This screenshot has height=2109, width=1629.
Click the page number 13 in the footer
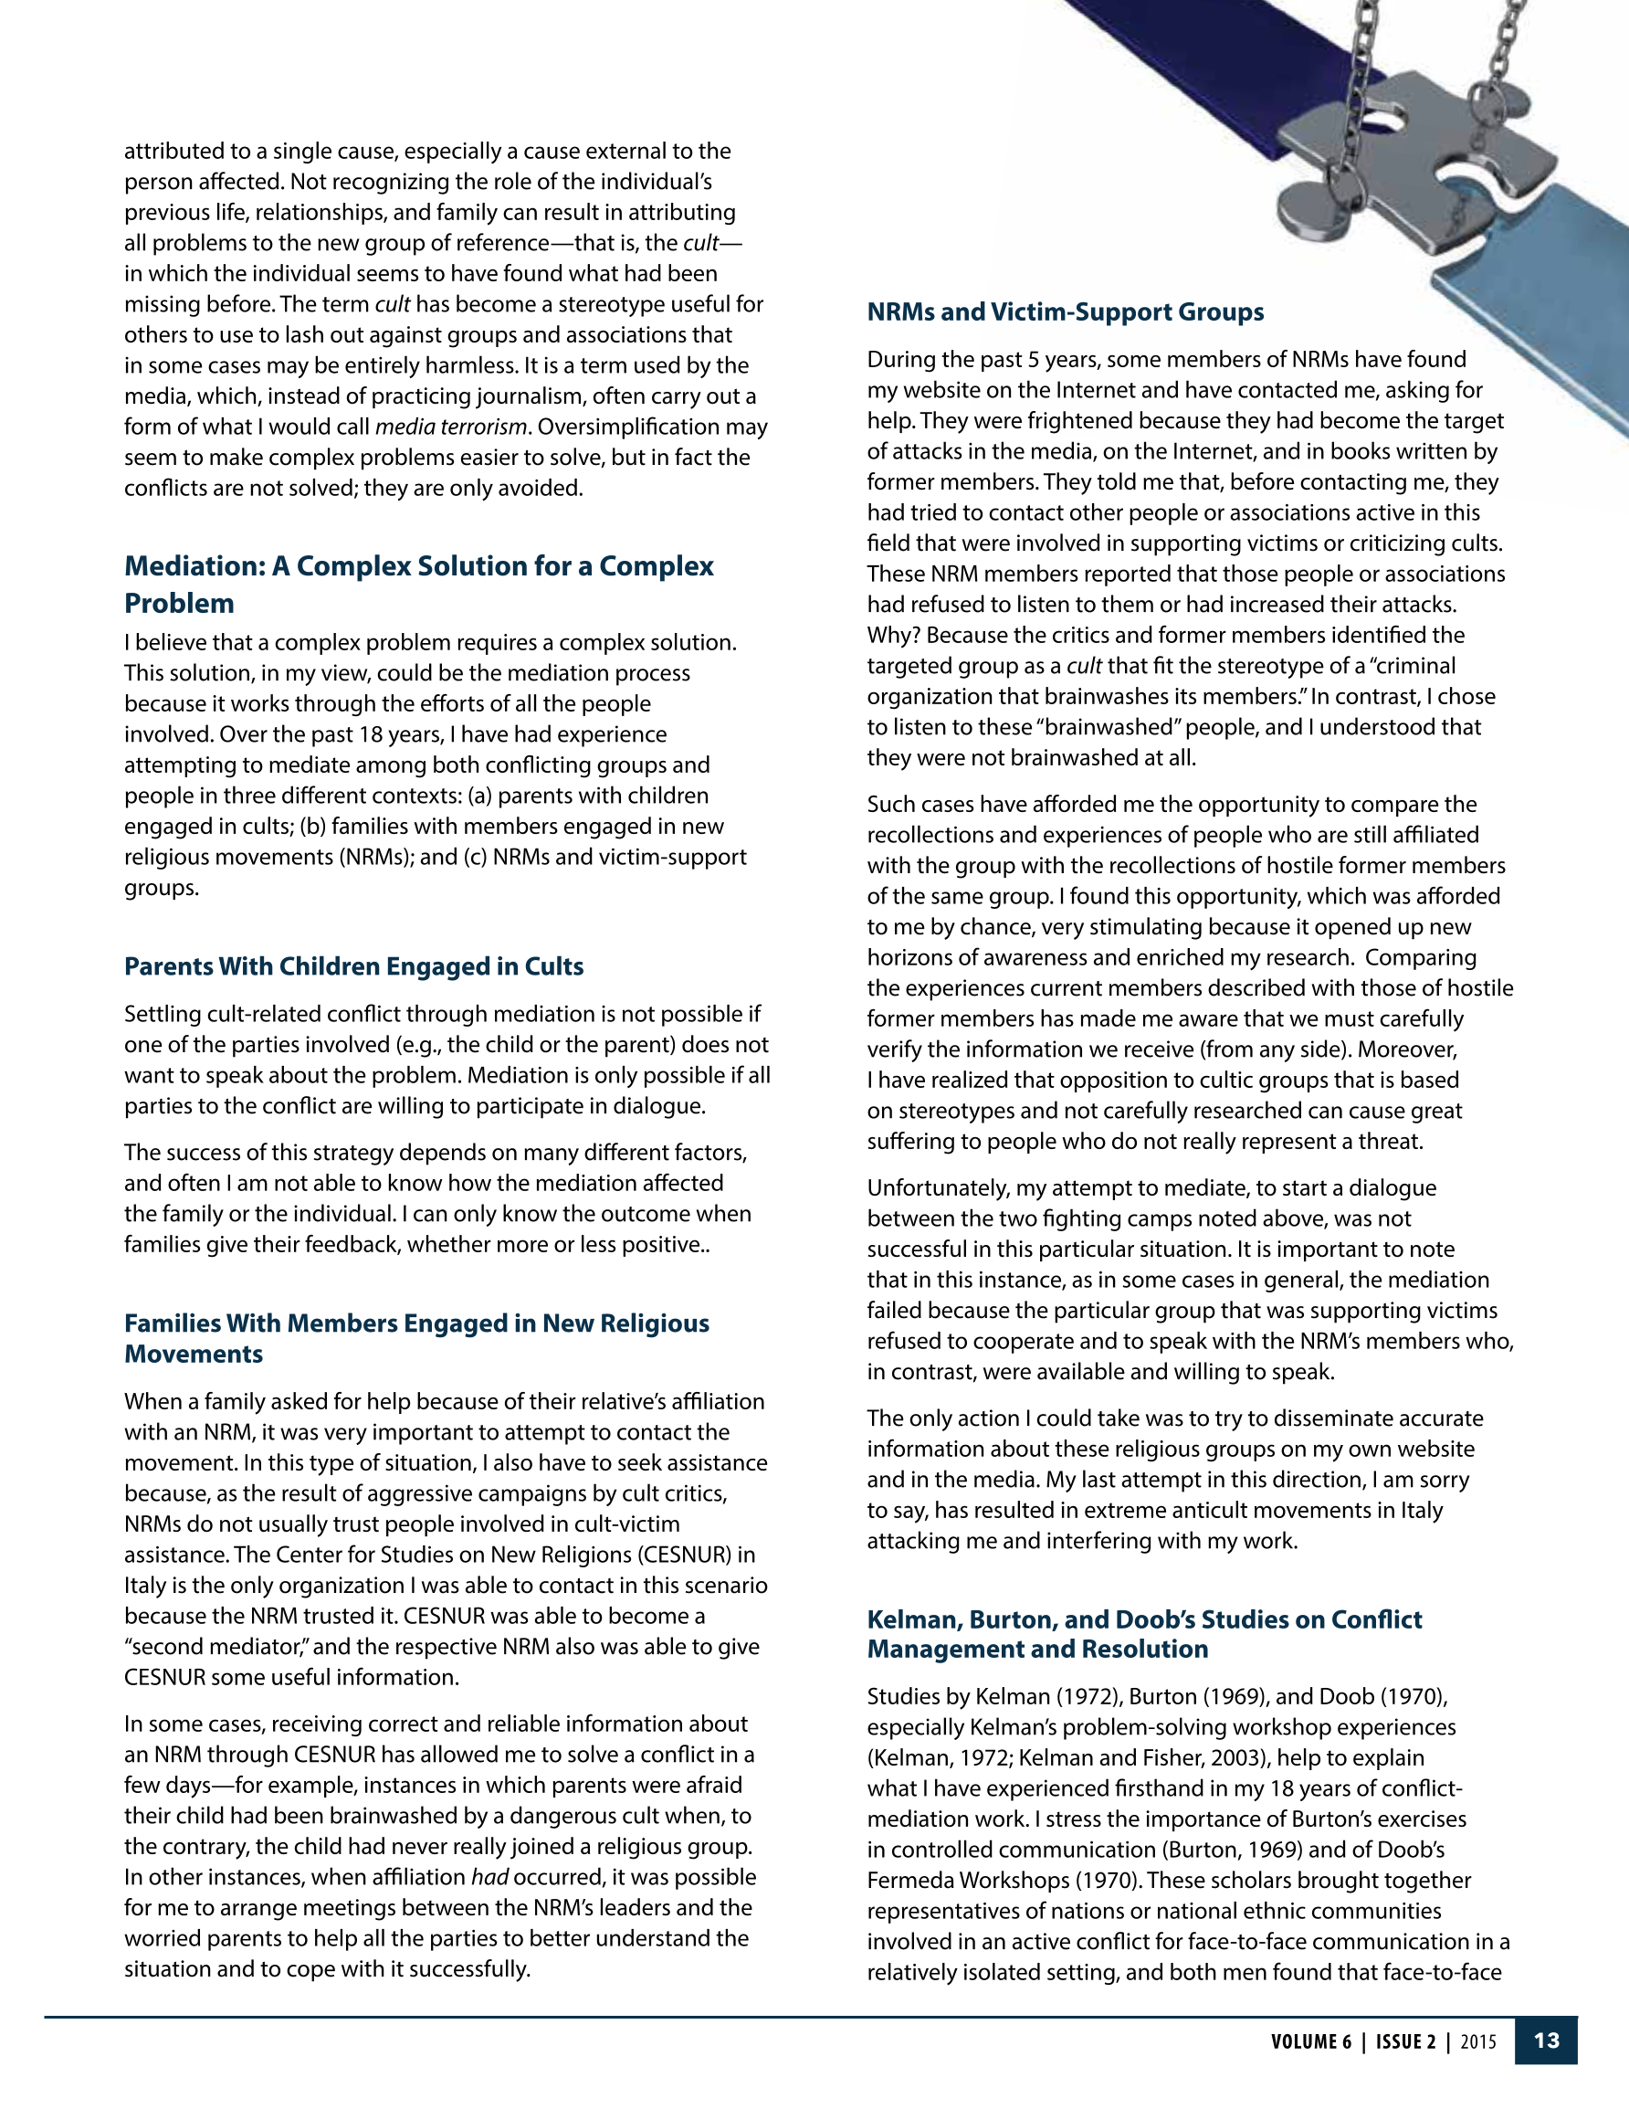[x=1546, y=2040]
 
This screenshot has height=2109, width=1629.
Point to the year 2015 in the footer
[x=1478, y=2041]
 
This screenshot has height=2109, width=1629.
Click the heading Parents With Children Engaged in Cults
[x=353, y=966]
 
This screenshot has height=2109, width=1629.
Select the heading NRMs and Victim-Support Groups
[x=1064, y=311]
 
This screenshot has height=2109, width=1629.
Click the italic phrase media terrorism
[x=450, y=427]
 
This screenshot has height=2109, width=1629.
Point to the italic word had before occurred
[x=489, y=1877]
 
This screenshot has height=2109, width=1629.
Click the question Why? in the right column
[x=892, y=636]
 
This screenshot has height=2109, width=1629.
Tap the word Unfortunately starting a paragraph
[x=936, y=1187]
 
